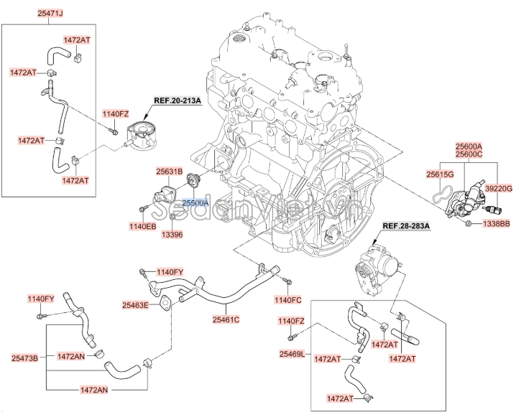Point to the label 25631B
coord(170,172)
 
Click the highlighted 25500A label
coord(194,204)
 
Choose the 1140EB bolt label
coord(142,227)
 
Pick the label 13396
coord(172,234)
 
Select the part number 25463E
coord(134,305)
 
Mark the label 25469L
coord(292,355)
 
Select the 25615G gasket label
coord(439,174)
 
